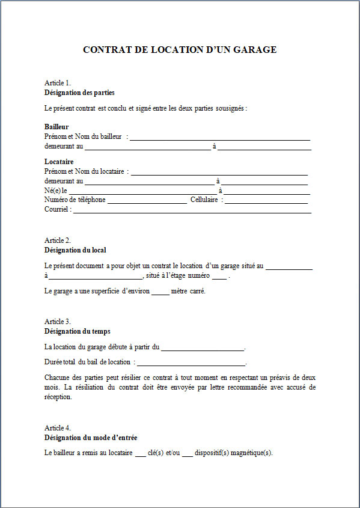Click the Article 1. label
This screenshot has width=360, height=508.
tap(58, 83)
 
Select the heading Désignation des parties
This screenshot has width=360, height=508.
tap(79, 93)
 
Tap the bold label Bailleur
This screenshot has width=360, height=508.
tap(56, 127)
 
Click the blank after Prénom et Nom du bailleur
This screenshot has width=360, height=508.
tap(220, 138)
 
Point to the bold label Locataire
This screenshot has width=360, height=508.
tap(59, 162)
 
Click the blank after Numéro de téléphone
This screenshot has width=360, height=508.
tap(147, 200)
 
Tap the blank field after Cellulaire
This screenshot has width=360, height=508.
tap(266, 200)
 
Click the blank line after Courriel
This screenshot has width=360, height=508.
tap(192, 210)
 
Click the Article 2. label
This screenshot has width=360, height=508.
tap(58, 240)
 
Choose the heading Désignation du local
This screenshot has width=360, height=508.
tap(75, 250)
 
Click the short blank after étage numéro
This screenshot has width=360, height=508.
tap(219, 277)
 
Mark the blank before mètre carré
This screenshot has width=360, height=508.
tap(160, 292)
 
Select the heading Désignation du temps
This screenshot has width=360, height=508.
tap(77, 331)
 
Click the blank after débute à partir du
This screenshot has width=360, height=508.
tap(203, 348)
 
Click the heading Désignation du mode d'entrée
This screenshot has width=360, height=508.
tap(95, 438)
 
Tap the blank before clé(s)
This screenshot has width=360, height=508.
tap(140, 454)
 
